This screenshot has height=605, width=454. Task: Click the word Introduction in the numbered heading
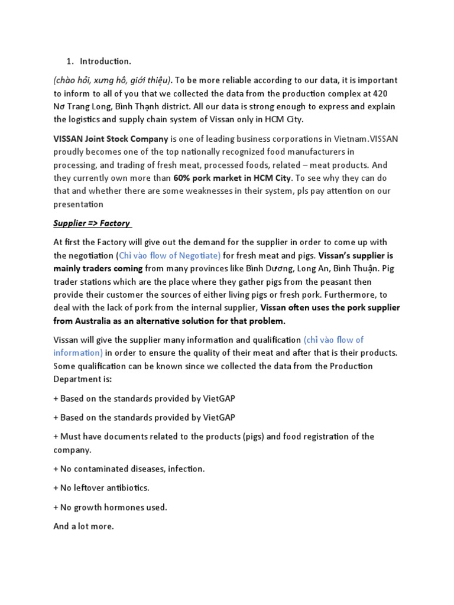click(105, 61)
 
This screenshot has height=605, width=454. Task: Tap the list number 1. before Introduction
click(69, 61)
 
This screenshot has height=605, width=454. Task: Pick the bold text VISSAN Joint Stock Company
click(111, 139)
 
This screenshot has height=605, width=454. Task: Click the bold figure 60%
click(183, 178)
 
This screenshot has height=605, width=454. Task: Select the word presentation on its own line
click(78, 204)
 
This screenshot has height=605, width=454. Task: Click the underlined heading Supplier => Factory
click(93, 223)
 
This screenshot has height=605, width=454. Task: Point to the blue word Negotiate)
click(199, 256)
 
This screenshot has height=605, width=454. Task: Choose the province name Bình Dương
click(273, 269)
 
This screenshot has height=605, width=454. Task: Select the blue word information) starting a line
click(78, 353)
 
